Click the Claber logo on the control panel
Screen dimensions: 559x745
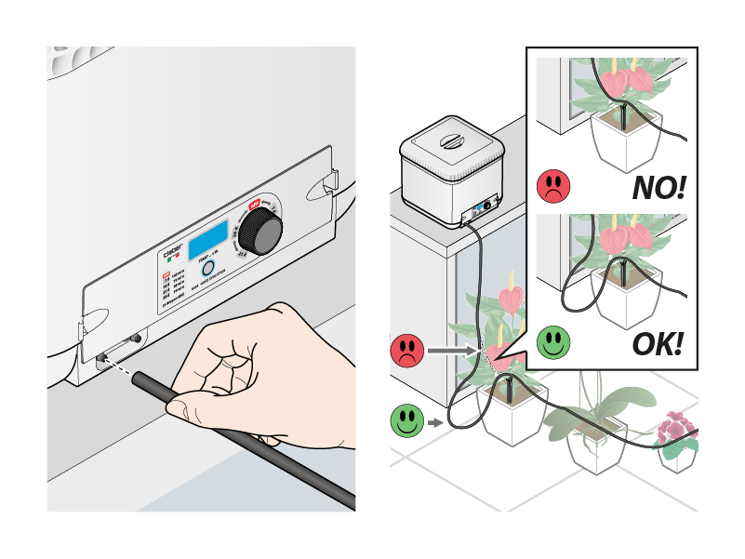click(172, 253)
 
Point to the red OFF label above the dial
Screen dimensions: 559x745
click(252, 206)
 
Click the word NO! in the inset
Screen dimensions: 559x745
click(658, 188)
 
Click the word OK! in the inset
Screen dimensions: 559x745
click(658, 344)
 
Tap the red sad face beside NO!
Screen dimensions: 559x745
click(553, 186)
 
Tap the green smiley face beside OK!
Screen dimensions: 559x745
click(553, 341)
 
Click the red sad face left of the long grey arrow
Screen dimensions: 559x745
click(407, 351)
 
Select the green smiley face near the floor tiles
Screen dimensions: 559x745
click(407, 421)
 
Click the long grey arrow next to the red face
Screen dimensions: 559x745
click(457, 352)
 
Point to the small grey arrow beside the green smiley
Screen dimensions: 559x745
click(436, 423)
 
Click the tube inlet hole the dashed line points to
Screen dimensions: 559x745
click(100, 356)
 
